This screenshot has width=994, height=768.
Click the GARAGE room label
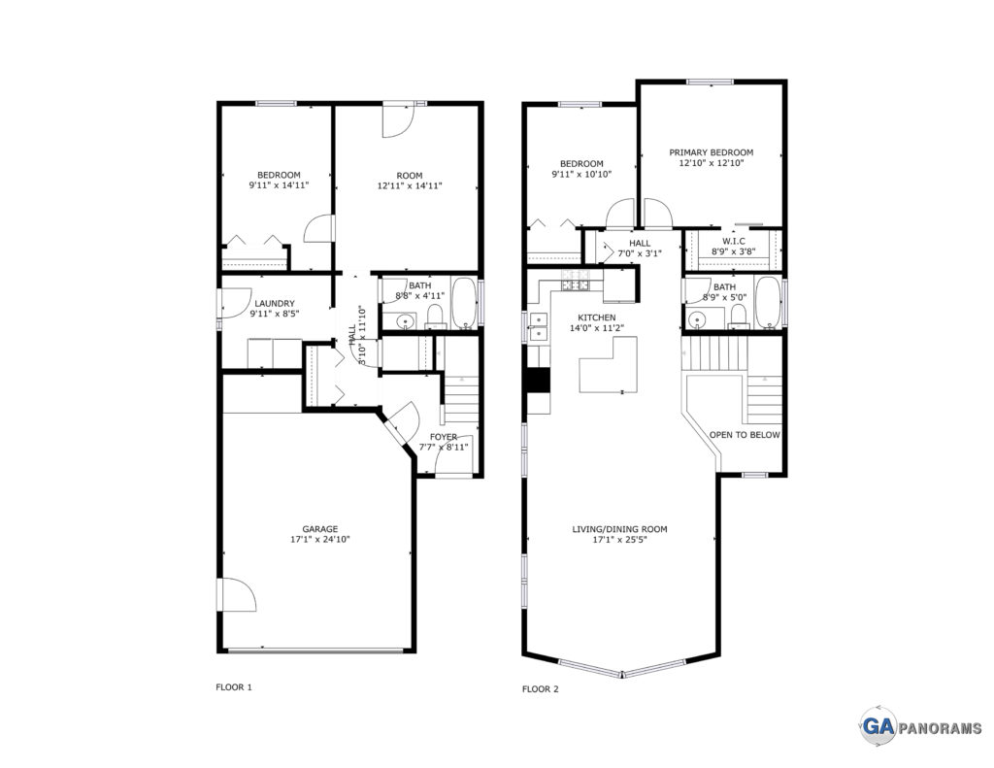coord(319,529)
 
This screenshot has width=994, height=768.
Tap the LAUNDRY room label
coord(275,303)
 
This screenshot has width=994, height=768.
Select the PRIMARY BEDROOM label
coord(712,152)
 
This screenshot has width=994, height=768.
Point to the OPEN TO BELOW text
coord(745,435)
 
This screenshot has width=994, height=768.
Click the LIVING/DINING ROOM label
coord(619,529)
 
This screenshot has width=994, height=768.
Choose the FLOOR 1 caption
coord(234,686)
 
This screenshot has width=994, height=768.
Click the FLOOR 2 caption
coord(540,688)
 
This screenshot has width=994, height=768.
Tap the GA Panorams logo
coord(920,727)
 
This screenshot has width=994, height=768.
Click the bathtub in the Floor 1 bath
coord(465,303)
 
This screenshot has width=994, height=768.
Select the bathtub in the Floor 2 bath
coord(769,303)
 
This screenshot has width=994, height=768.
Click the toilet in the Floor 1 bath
coord(435,317)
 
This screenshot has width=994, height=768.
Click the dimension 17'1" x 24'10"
coord(319,540)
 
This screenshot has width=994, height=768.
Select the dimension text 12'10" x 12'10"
coord(712,163)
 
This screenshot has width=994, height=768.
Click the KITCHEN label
coord(596,317)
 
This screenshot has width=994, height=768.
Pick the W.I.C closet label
coord(734,242)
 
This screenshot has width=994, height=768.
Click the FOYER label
coord(443,437)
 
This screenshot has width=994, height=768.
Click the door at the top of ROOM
coord(398,120)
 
